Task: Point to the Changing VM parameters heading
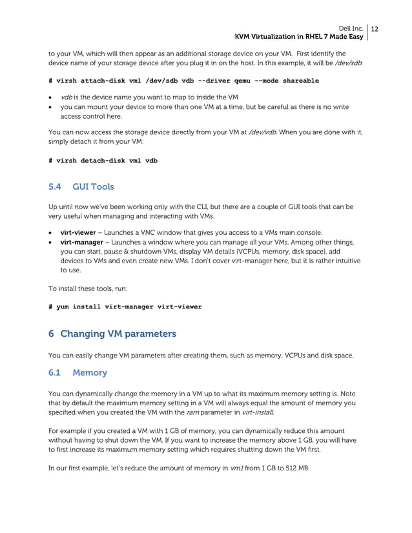pos(117,334)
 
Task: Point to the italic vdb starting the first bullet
pos(66,97)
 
